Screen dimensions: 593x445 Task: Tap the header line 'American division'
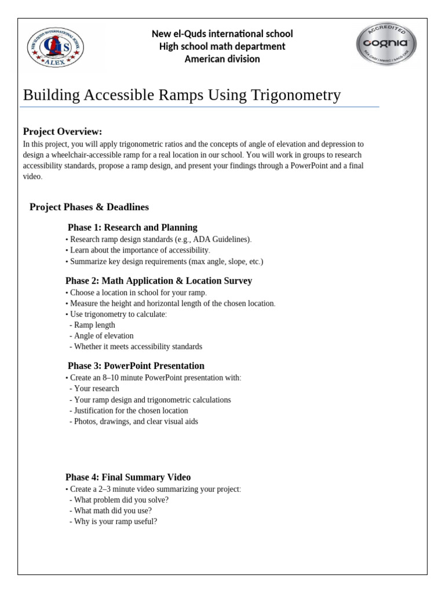222,59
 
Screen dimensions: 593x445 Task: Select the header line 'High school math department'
222,46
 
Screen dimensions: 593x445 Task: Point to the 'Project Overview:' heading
62,131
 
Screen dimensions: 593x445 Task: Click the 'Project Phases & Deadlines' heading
89,207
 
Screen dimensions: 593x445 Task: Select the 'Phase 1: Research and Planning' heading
132,227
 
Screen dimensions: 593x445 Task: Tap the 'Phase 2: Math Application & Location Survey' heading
158,281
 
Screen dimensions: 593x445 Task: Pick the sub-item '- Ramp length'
92,325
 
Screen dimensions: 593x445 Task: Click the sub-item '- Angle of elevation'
101,336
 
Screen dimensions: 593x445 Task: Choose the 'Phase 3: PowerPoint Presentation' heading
136,366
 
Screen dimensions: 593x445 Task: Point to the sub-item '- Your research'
94,389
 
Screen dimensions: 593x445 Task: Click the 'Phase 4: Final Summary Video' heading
127,477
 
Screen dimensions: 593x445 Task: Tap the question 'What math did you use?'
111,511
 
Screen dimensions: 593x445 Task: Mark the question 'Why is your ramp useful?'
113,521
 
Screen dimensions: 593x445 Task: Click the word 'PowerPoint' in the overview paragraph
313,166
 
